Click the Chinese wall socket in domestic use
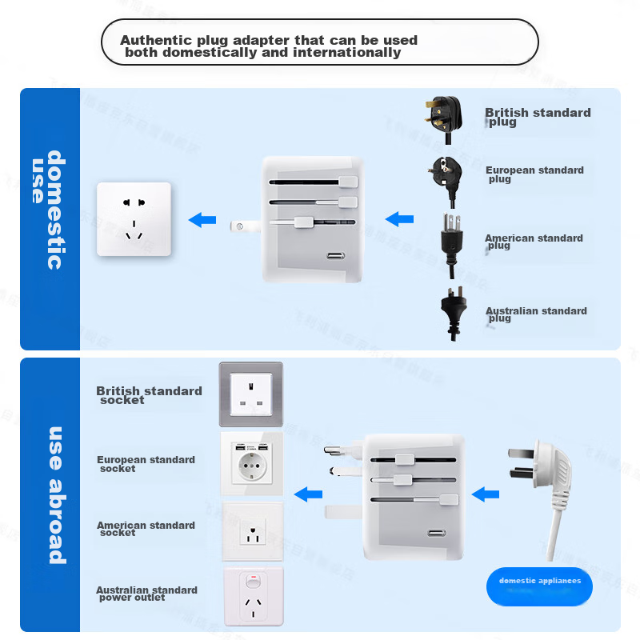coord(134,219)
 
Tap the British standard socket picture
coord(251,394)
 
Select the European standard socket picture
coord(251,463)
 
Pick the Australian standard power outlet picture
coord(253,596)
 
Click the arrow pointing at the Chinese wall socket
coord(202,220)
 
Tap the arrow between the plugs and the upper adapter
coord(399,219)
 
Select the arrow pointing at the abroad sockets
coord(308,494)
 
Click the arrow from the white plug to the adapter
coord(485,494)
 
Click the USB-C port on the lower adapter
coord(437,534)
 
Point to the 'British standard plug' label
coord(537,117)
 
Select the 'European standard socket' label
coord(145,464)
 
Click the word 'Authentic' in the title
coord(155,40)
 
